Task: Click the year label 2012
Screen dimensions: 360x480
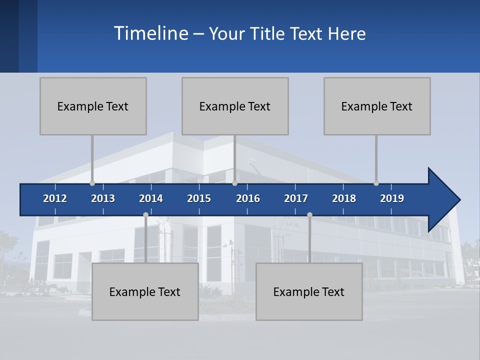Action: pyautogui.click(x=55, y=198)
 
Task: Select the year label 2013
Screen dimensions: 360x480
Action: pyautogui.click(x=103, y=198)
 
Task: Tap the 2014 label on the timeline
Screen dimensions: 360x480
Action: pyautogui.click(x=151, y=198)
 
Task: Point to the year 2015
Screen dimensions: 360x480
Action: pyautogui.click(x=199, y=198)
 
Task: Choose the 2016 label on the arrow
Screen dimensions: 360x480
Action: pyautogui.click(x=248, y=198)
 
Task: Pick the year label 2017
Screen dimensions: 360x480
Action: pyautogui.click(x=296, y=198)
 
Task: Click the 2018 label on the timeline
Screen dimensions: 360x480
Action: pyautogui.click(x=344, y=198)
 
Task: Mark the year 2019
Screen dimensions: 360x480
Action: pyautogui.click(x=392, y=198)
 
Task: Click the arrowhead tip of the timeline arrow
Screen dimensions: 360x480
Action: pyautogui.click(x=458, y=200)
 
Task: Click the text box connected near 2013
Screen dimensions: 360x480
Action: pyautogui.click(x=93, y=106)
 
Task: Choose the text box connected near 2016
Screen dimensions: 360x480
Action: pyautogui.click(x=235, y=106)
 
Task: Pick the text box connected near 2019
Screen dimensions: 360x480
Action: pyautogui.click(x=377, y=106)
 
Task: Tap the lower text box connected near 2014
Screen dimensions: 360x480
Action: pyautogui.click(x=145, y=291)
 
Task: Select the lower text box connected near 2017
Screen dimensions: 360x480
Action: pyautogui.click(x=309, y=291)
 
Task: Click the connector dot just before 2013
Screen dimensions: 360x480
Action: pyautogui.click(x=92, y=183)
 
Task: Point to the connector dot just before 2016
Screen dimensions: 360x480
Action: pyautogui.click(x=234, y=183)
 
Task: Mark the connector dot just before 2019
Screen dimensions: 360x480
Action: pyautogui.click(x=376, y=183)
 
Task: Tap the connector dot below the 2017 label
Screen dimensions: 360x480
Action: pyautogui.click(x=309, y=214)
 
